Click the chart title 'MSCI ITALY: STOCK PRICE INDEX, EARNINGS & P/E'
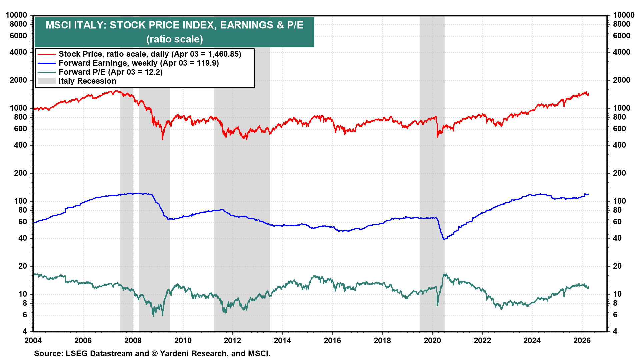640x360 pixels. [174, 25]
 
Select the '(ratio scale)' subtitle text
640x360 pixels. [174, 39]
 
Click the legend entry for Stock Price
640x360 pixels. [149, 54]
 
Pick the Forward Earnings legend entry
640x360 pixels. [138, 63]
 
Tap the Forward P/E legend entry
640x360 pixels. [110, 72]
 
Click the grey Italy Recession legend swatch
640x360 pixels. [46, 81]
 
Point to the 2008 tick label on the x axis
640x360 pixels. [133, 340]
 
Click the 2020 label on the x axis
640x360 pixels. [432, 340]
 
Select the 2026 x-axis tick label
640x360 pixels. [582, 340]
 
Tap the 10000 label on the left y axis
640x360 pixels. [16, 15]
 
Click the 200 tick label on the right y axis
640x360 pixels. [619, 173]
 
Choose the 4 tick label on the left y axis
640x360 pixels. [25, 331]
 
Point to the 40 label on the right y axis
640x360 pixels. [617, 238]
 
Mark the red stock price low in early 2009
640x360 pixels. [162, 139]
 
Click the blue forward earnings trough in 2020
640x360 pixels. [444, 239]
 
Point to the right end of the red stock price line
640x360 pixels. [588, 94]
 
